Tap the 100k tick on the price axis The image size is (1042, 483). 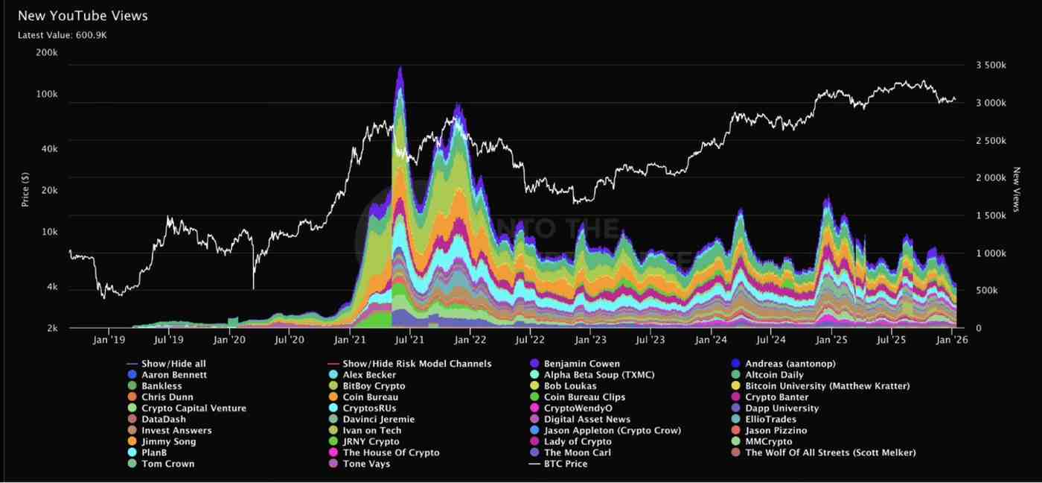pos(48,95)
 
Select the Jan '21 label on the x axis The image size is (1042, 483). pos(350,340)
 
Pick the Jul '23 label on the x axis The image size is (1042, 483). pos(651,340)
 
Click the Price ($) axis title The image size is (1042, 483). pos(25,190)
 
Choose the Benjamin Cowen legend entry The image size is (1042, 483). pos(581,364)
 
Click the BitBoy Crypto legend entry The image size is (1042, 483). pos(374,386)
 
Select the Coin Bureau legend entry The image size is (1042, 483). pos(370,397)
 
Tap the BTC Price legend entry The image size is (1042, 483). pos(565,464)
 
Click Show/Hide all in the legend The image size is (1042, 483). pos(173,364)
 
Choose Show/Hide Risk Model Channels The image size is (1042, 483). pos(417,364)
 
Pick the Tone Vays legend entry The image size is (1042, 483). pos(366,464)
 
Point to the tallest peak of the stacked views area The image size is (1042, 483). pos(400,69)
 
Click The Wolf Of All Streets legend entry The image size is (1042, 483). pos(830,452)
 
